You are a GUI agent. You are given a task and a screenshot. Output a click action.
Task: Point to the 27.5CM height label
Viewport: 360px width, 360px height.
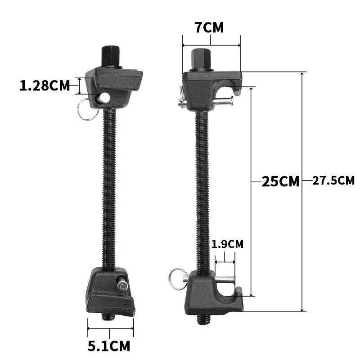tap(333, 181)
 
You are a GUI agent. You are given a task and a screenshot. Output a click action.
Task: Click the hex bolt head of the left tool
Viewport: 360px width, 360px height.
tap(110, 57)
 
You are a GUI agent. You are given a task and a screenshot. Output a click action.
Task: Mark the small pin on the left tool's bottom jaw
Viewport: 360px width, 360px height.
tap(122, 285)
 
